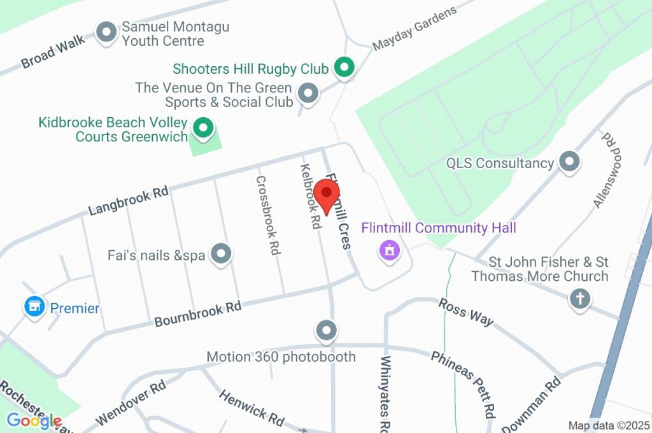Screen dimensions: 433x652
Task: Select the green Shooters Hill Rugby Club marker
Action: click(344, 67)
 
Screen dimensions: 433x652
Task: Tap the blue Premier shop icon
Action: click(34, 308)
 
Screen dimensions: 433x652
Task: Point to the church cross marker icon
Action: click(579, 299)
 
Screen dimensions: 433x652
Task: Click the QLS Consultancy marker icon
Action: click(569, 162)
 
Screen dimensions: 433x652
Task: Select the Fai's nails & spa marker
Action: click(221, 254)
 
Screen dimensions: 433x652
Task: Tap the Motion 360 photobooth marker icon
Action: click(327, 330)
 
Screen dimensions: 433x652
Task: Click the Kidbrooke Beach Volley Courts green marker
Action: click(203, 129)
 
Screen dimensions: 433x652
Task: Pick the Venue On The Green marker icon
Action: click(309, 94)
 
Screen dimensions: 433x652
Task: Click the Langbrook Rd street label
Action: click(128, 201)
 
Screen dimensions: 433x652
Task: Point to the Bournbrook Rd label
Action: click(198, 314)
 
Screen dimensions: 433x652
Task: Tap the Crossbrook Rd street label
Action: click(269, 215)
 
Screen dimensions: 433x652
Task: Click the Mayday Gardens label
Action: click(415, 29)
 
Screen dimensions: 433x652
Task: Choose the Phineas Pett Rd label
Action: click(464, 382)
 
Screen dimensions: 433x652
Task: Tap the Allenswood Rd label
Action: click(609, 170)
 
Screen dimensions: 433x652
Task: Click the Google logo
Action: click(34, 420)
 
